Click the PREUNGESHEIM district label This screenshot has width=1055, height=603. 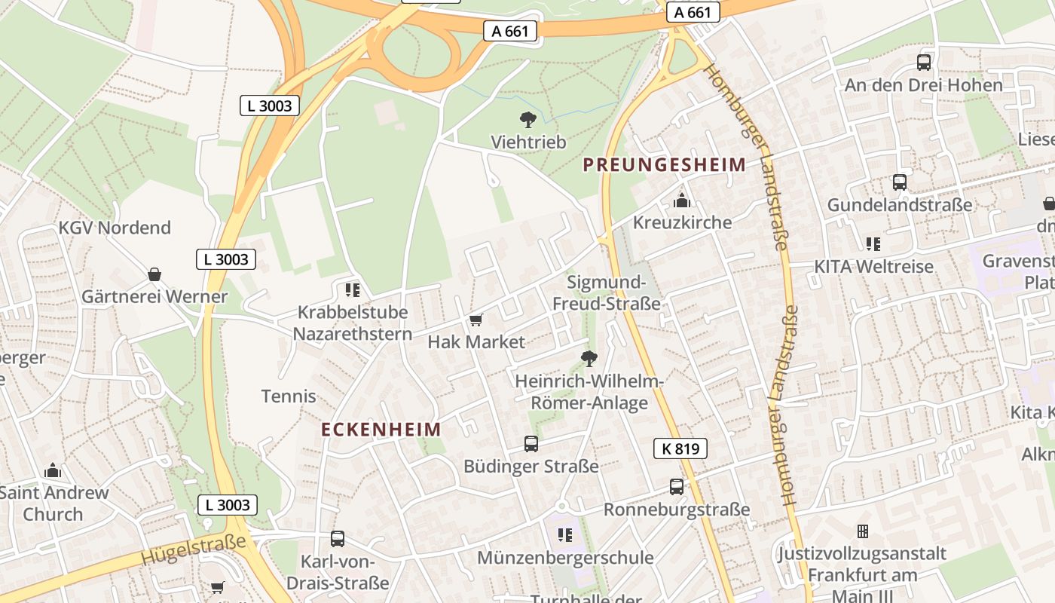pos(665,164)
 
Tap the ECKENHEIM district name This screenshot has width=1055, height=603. pos(381,430)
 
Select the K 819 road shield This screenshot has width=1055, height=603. pos(680,449)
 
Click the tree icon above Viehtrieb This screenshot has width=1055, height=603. pos(528,119)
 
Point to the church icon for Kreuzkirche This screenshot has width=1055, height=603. pos(682,200)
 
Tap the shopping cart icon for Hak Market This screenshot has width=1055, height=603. pos(476,320)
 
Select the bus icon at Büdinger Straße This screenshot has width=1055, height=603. pos(531,444)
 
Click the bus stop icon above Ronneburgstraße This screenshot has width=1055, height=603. pos(677,487)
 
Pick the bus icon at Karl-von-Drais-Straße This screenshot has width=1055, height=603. pos(338,539)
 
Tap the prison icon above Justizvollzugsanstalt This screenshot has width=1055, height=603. pos(863,531)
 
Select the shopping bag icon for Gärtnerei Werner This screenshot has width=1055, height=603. pos(154,274)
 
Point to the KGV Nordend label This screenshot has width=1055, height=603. pos(115,228)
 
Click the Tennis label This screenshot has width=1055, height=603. pos(289,396)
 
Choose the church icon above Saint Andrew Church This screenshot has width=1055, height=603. pos(53,471)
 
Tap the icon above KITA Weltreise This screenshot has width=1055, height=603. pos(873,244)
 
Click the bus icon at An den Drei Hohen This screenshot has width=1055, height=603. pos(924,63)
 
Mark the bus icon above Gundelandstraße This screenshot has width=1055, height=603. pos(900,182)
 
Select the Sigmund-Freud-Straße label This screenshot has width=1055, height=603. pos(607,293)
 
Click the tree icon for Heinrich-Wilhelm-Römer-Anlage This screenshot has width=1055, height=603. pos(589,359)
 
